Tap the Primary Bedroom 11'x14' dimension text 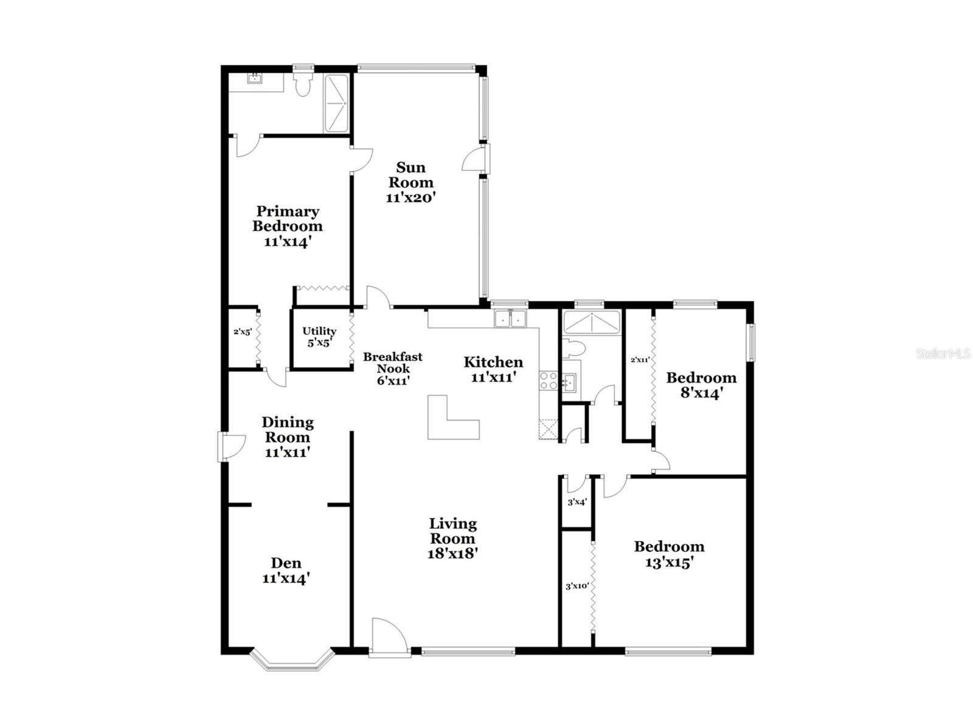click(288, 241)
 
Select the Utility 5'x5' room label click(319, 336)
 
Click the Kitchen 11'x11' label click(493, 369)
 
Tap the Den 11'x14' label click(286, 570)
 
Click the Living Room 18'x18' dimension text click(453, 554)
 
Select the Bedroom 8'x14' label click(701, 385)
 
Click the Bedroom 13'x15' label click(669, 554)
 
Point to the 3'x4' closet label click(577, 502)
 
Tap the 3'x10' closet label click(577, 587)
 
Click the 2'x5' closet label click(243, 332)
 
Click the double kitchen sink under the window click(510, 319)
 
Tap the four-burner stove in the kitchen click(548, 381)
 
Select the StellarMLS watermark click(943, 354)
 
